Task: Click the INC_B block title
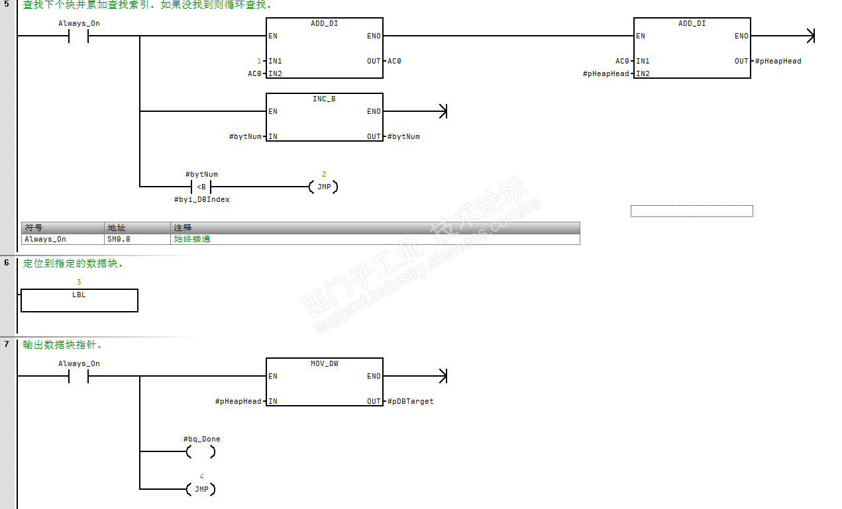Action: pyautogui.click(x=324, y=99)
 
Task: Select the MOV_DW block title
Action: pyautogui.click(x=324, y=363)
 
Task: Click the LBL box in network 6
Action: pyautogui.click(x=79, y=300)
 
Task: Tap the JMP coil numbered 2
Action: pyautogui.click(x=323, y=187)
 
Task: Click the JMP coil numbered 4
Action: pyautogui.click(x=201, y=489)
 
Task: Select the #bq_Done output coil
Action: pyautogui.click(x=201, y=451)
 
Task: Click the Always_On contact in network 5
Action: pyautogui.click(x=78, y=36)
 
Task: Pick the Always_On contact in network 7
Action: pyautogui.click(x=78, y=376)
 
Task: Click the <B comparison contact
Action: pyautogui.click(x=201, y=187)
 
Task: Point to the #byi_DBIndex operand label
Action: pyautogui.click(x=201, y=199)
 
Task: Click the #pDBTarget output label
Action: pyautogui.click(x=411, y=401)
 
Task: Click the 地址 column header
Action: pyautogui.click(x=117, y=227)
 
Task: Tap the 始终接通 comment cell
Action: pyautogui.click(x=191, y=239)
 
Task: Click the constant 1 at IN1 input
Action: pyautogui.click(x=260, y=61)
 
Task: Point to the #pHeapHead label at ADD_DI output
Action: pyautogui.click(x=778, y=61)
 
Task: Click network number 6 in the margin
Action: pyautogui.click(x=7, y=263)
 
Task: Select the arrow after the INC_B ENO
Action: pyautogui.click(x=443, y=111)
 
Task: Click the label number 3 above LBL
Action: pyautogui.click(x=79, y=282)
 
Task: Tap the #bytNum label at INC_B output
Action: pyautogui.click(x=403, y=136)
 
